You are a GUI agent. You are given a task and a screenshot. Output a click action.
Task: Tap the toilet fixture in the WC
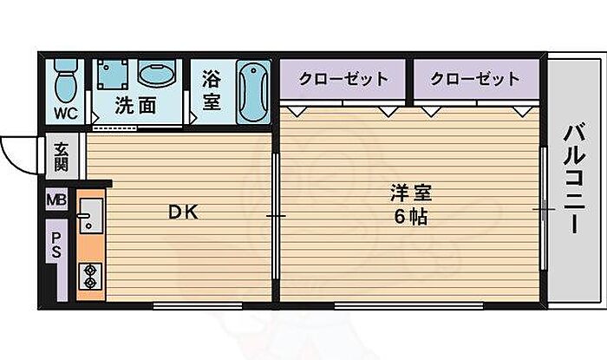point(63,83)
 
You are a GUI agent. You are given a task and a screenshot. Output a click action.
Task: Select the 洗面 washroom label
point(136,107)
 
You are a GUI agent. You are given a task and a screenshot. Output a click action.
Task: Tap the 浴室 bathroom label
point(211,90)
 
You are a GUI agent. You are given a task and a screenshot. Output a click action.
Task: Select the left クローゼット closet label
point(343,79)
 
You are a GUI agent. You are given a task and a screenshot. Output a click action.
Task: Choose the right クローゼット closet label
point(475,79)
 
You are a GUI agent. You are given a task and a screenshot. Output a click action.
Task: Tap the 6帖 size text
point(410,217)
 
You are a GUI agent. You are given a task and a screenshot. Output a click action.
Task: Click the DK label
point(182,211)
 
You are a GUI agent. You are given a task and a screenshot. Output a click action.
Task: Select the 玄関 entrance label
point(62,157)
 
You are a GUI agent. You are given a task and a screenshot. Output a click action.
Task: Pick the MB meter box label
point(56,201)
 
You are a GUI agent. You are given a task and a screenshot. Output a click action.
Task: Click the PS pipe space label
point(56,245)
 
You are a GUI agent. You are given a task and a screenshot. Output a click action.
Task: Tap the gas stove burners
point(89,277)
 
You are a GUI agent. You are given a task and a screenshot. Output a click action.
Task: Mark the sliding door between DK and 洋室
point(276,214)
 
